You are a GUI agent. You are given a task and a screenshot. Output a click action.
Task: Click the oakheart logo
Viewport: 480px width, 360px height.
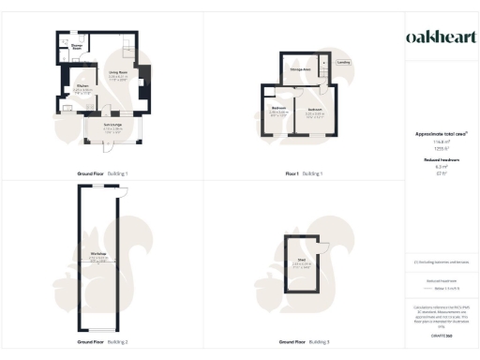coord(441,37)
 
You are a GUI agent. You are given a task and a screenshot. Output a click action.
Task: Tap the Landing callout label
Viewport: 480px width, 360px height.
coord(345,64)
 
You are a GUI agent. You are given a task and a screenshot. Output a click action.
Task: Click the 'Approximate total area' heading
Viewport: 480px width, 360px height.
coord(441,134)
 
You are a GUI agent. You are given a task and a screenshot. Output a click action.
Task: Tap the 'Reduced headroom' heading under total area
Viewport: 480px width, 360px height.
coord(441,160)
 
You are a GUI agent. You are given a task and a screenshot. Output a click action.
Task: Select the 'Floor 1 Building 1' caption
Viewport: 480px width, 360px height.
coord(303,174)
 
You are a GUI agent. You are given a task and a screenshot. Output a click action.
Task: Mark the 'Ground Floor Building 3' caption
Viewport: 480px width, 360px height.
coord(303,342)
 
